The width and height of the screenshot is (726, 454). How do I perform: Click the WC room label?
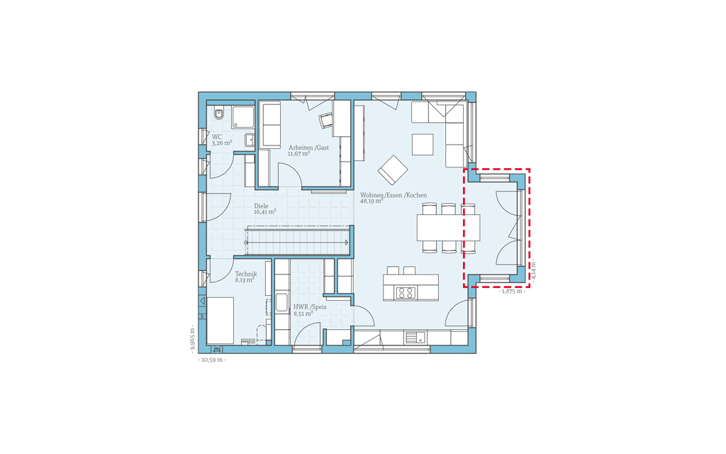[x=217, y=137]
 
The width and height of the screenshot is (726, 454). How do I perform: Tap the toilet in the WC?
[x=219, y=113]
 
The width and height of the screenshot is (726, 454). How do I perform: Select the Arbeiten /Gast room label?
[x=309, y=148]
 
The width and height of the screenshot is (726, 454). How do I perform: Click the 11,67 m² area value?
[x=299, y=154]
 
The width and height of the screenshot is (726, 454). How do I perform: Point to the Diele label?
[x=261, y=206]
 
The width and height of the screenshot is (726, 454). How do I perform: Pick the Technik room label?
[x=246, y=274]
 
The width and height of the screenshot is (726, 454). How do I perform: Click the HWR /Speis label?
[x=310, y=306]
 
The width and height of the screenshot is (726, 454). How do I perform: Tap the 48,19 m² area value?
[x=372, y=201]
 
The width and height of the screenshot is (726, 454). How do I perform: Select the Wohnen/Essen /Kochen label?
[x=393, y=195]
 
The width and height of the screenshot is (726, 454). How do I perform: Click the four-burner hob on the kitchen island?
[x=406, y=293]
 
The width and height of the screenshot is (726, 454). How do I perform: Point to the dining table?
[x=448, y=228]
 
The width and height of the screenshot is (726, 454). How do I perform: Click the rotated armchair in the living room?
[x=393, y=170]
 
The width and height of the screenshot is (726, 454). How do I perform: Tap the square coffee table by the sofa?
[x=423, y=145]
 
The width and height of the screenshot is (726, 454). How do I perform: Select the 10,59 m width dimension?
[x=212, y=360]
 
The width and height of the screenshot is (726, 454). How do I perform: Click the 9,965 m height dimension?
[x=193, y=338]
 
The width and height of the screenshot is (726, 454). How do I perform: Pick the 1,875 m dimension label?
[x=512, y=292]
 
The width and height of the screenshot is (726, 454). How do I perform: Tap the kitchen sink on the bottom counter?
[x=415, y=338]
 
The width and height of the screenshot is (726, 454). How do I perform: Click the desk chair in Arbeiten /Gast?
[x=326, y=121]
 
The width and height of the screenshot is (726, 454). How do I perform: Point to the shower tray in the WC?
[x=243, y=117]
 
